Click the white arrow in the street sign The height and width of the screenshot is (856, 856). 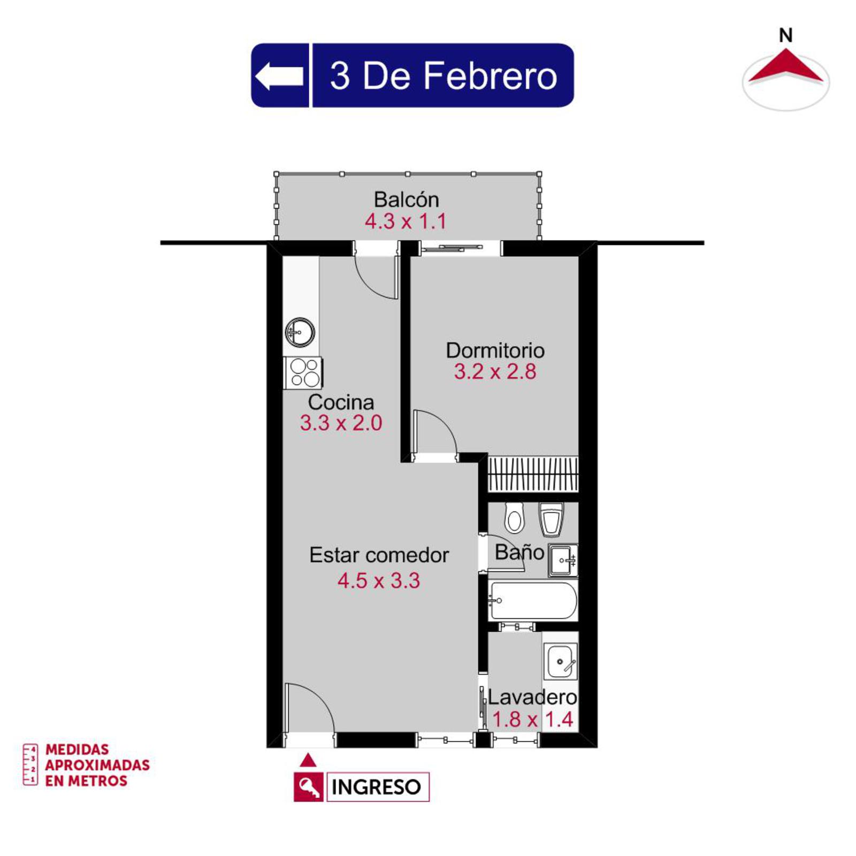point(279,75)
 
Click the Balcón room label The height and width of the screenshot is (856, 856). point(407,200)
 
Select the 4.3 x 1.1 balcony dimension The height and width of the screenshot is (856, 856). point(406,221)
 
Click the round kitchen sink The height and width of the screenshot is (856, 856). point(300,332)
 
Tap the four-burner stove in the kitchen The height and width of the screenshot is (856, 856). point(303,372)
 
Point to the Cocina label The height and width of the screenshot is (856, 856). point(341,402)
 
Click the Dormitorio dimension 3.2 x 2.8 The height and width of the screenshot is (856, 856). point(495,371)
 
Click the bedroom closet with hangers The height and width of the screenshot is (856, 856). point(533,473)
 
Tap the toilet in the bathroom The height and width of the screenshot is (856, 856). point(515,517)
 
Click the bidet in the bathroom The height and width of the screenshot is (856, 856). point(551,519)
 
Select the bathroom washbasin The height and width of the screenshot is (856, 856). point(563,560)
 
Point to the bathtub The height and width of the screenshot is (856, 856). point(533,601)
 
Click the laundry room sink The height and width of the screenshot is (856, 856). point(561,661)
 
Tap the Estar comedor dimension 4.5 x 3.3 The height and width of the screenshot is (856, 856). point(379,580)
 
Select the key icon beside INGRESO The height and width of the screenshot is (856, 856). point(309,786)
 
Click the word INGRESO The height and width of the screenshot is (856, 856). point(376,787)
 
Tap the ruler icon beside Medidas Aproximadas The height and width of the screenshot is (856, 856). point(30,764)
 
